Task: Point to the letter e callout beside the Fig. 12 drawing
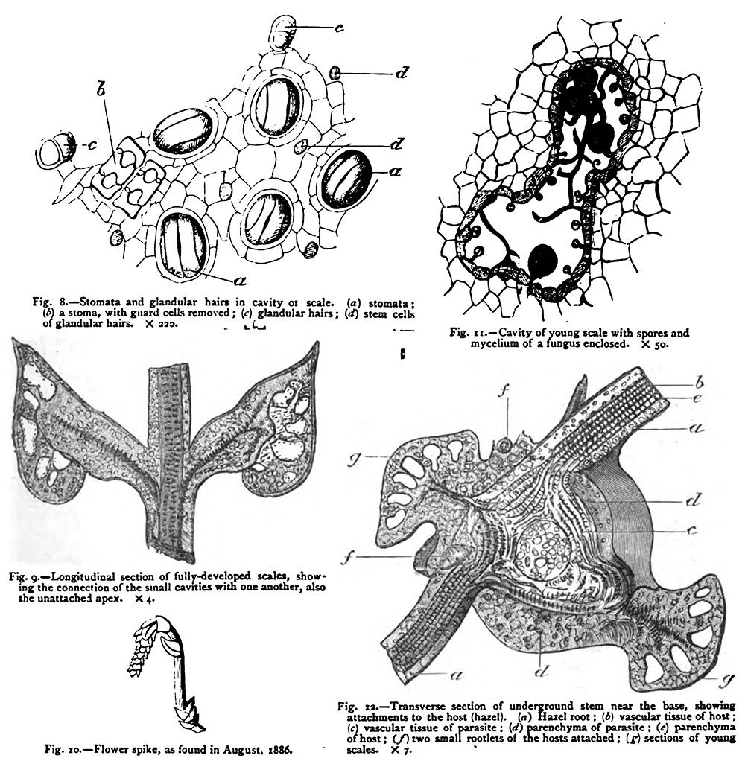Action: coord(697,397)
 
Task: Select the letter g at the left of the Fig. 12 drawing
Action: coord(357,458)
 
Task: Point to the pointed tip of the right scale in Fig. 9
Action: coord(320,343)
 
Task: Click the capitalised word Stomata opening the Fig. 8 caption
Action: coord(98,302)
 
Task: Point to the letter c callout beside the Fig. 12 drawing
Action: coord(691,531)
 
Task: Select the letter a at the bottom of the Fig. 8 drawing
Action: coord(240,280)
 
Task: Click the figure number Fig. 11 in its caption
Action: coord(466,334)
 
